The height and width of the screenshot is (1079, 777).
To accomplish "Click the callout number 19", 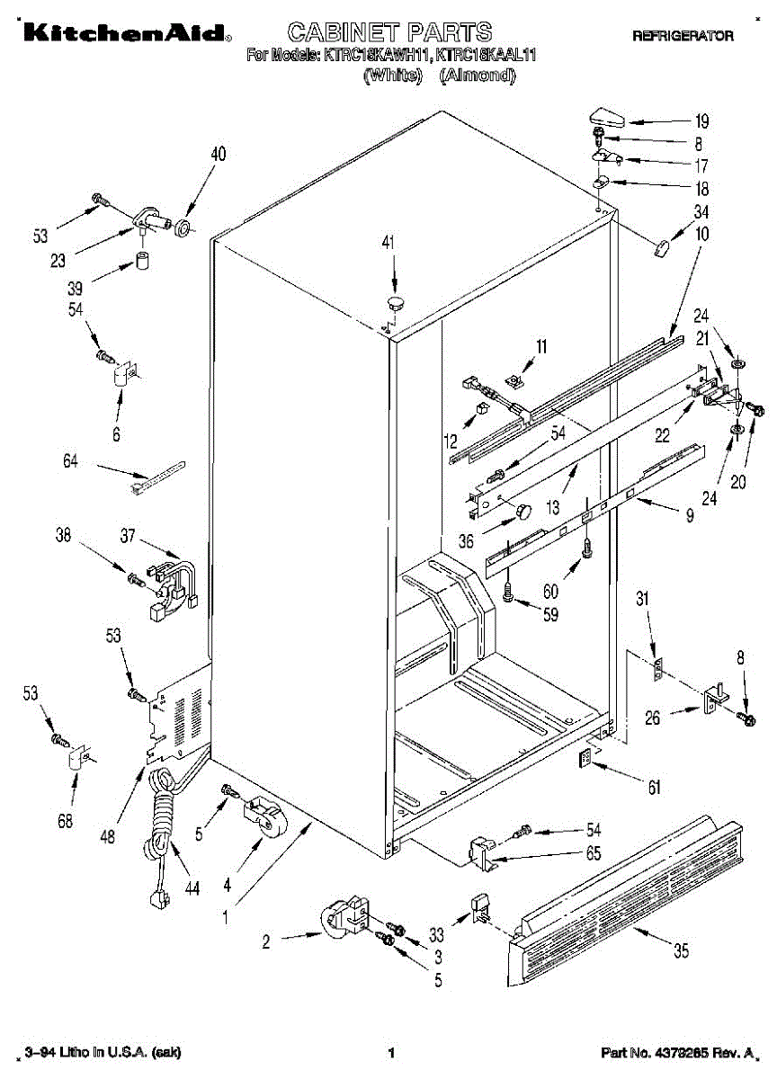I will click(x=701, y=122).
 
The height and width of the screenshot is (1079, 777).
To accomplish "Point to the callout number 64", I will click(x=71, y=461).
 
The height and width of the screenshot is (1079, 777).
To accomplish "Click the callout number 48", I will click(x=109, y=837).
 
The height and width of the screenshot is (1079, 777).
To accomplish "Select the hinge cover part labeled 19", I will click(x=605, y=116).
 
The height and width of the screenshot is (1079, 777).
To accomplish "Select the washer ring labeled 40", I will click(x=184, y=226).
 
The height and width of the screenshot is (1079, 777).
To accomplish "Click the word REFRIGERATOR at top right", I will click(x=683, y=36).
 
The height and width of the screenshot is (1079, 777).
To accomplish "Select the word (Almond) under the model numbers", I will click(x=478, y=76).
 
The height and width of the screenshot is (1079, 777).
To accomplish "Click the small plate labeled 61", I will click(x=585, y=760).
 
